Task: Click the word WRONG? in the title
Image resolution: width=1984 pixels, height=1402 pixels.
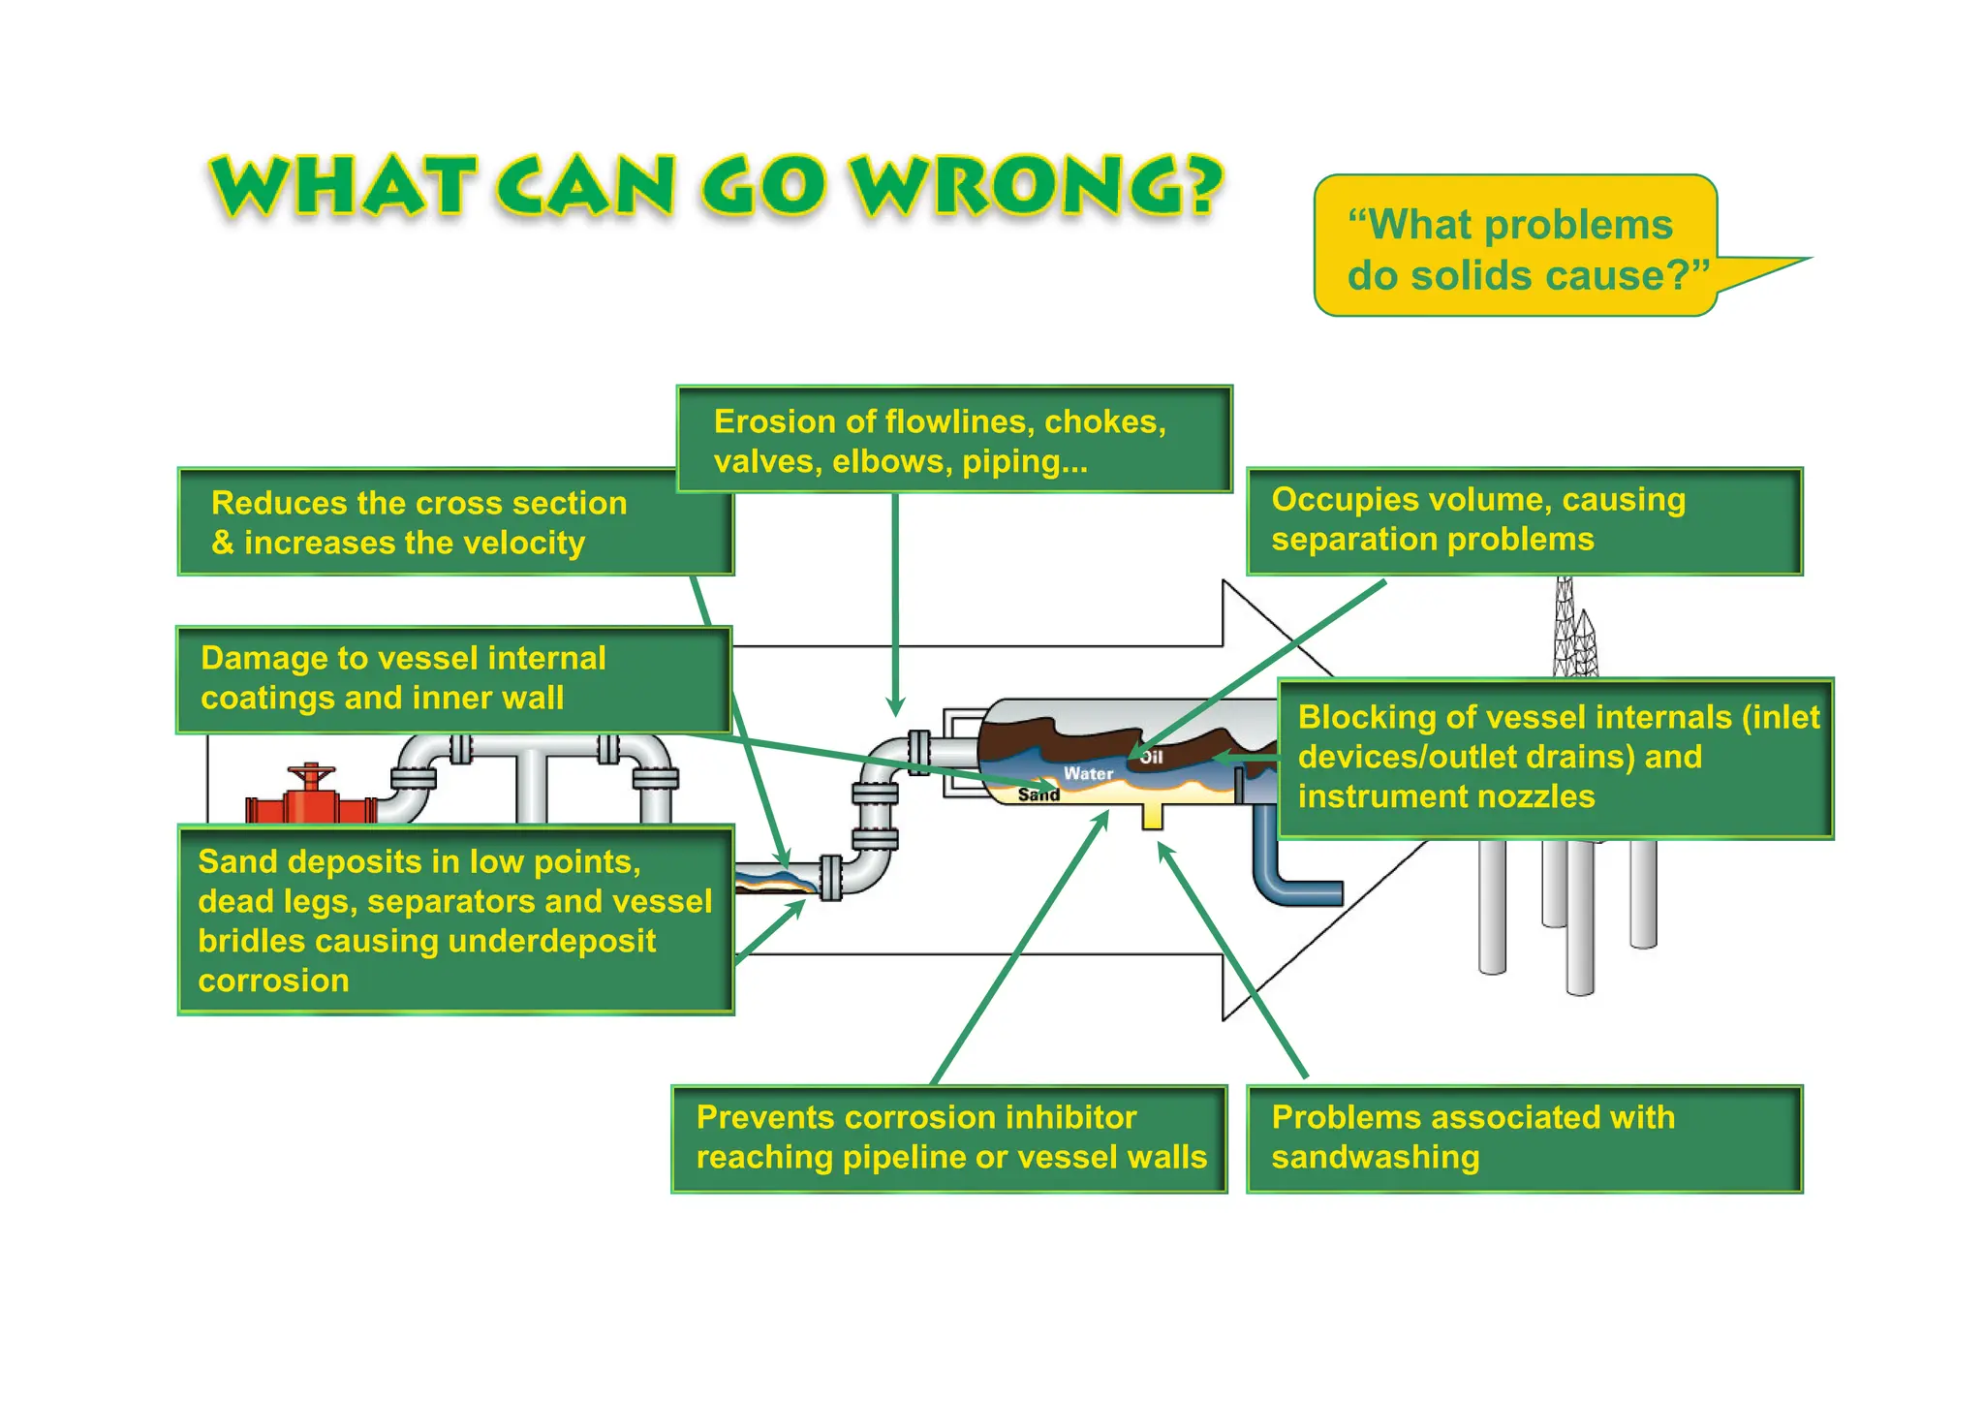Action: click(x=1037, y=186)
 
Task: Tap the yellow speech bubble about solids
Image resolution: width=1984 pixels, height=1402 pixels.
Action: click(x=1514, y=248)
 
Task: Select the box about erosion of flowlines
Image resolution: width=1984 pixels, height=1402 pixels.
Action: click(x=953, y=440)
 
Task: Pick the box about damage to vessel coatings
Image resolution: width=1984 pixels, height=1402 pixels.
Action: click(x=452, y=678)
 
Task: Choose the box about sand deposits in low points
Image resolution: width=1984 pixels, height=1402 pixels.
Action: click(x=455, y=919)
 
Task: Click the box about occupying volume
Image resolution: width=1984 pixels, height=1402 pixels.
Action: click(x=1523, y=520)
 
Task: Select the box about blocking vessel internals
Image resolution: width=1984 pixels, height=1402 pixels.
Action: click(x=1554, y=757)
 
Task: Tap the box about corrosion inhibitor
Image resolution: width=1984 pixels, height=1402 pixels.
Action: click(x=949, y=1137)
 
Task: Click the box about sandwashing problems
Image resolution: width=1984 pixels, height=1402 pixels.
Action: click(x=1523, y=1137)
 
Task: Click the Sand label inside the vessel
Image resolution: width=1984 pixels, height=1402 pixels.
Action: click(x=1038, y=795)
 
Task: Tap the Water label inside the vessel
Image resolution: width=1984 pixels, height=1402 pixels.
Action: click(x=1088, y=773)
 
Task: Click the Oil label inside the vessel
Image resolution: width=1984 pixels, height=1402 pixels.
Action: click(x=1151, y=757)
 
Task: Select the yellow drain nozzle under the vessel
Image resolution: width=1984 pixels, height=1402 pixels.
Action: click(x=1152, y=816)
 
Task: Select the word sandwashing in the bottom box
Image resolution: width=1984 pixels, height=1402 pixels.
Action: click(x=1375, y=1157)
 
